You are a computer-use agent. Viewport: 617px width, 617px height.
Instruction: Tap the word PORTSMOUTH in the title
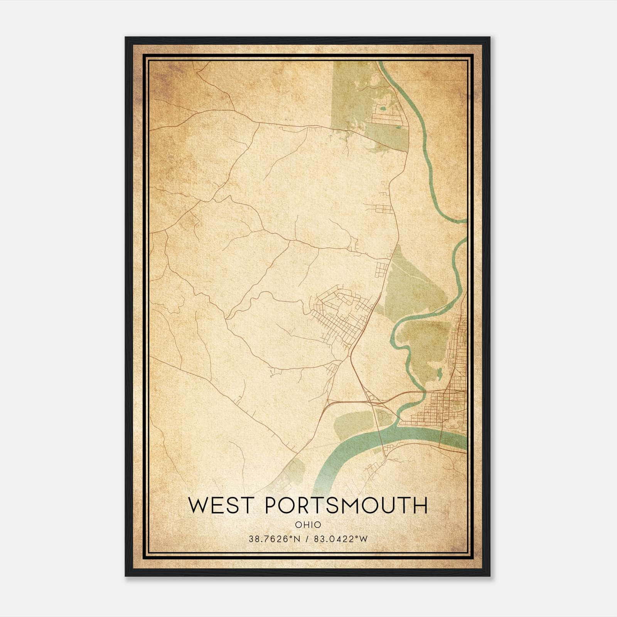(x=347, y=505)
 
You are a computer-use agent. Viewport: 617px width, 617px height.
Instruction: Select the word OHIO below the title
(x=308, y=525)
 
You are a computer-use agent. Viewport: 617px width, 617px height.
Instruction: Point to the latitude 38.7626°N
(x=274, y=539)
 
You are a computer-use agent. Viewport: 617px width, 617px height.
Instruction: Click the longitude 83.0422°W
(x=341, y=539)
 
